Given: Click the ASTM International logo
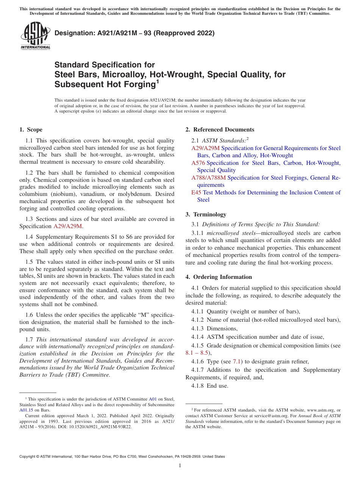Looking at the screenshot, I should tap(35, 36).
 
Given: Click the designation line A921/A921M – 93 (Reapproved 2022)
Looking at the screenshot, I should tap(135, 33).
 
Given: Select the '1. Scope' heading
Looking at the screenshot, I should tap(31, 130).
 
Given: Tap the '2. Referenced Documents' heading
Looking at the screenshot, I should tap(220, 130).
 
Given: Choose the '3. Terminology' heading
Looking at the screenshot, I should tap(206, 214).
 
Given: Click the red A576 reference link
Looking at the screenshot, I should tap(198, 163).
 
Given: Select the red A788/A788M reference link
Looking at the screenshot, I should tap(208, 178).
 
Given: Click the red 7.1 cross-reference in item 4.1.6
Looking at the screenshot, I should tap(238, 361).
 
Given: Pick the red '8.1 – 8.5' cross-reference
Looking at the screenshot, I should tap(197, 353).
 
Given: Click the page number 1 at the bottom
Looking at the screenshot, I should tap(180, 466).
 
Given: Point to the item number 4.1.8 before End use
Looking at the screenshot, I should tap(197, 386).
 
